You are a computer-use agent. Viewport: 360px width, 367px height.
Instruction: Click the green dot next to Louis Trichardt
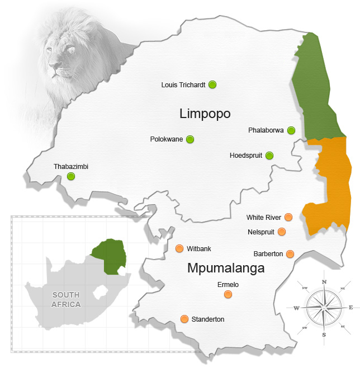(x=212, y=85)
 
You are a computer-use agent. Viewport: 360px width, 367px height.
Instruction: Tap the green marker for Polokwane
(x=190, y=139)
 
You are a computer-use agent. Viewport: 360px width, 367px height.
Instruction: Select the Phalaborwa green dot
(x=291, y=130)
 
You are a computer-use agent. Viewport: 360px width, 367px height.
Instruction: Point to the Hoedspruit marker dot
(x=269, y=156)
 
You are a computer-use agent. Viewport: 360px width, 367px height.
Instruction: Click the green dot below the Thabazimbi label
(x=71, y=177)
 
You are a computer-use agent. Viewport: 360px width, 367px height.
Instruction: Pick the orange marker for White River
(x=288, y=217)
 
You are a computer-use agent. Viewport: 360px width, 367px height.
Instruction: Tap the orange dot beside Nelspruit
(x=282, y=232)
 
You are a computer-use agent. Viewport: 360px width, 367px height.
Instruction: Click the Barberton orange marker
(x=290, y=254)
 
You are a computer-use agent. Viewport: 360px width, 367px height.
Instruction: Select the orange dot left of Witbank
(x=179, y=248)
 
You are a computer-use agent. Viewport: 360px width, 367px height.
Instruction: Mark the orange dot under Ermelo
(x=228, y=294)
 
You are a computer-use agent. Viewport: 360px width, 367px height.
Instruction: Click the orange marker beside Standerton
(x=184, y=319)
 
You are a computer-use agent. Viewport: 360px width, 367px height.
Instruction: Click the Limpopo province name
(x=205, y=114)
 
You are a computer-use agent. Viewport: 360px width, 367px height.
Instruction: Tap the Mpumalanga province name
(x=226, y=269)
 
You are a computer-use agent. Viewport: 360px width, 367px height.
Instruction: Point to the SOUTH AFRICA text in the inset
(x=66, y=300)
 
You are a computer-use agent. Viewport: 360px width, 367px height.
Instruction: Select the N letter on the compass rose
(x=324, y=282)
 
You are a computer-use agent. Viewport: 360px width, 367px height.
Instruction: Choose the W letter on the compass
(x=296, y=308)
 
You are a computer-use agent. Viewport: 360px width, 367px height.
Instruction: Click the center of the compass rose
(x=324, y=307)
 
